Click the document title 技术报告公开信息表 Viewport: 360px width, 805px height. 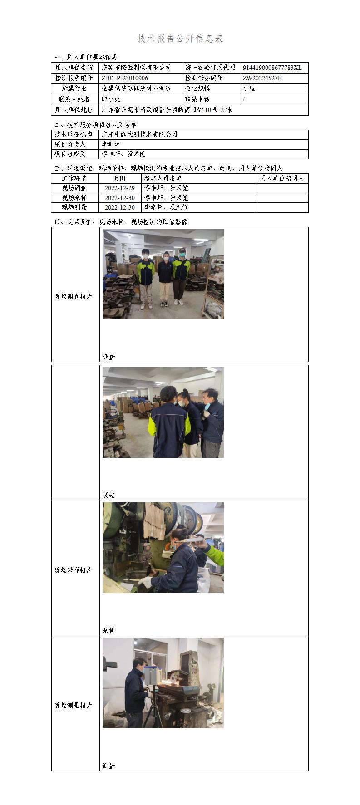180,39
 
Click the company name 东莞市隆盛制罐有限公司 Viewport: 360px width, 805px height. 136,68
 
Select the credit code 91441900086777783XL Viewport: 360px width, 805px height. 272,68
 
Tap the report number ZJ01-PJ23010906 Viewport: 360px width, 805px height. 125,78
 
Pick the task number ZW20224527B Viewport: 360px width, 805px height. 262,78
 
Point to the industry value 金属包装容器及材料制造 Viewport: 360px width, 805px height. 136,88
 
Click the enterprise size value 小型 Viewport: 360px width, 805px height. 249,88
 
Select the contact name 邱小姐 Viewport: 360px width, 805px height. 111,99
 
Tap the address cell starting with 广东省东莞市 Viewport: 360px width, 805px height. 166,109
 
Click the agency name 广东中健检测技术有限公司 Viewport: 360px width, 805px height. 139,134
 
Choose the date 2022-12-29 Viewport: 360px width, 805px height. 120,188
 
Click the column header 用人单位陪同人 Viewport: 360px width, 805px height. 282,178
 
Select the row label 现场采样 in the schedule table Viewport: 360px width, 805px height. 74,198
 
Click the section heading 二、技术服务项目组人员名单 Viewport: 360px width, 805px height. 95,124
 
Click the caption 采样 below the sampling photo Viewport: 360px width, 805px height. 109,630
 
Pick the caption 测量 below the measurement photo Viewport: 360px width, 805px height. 109,766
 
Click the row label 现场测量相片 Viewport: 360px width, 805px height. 74,706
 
